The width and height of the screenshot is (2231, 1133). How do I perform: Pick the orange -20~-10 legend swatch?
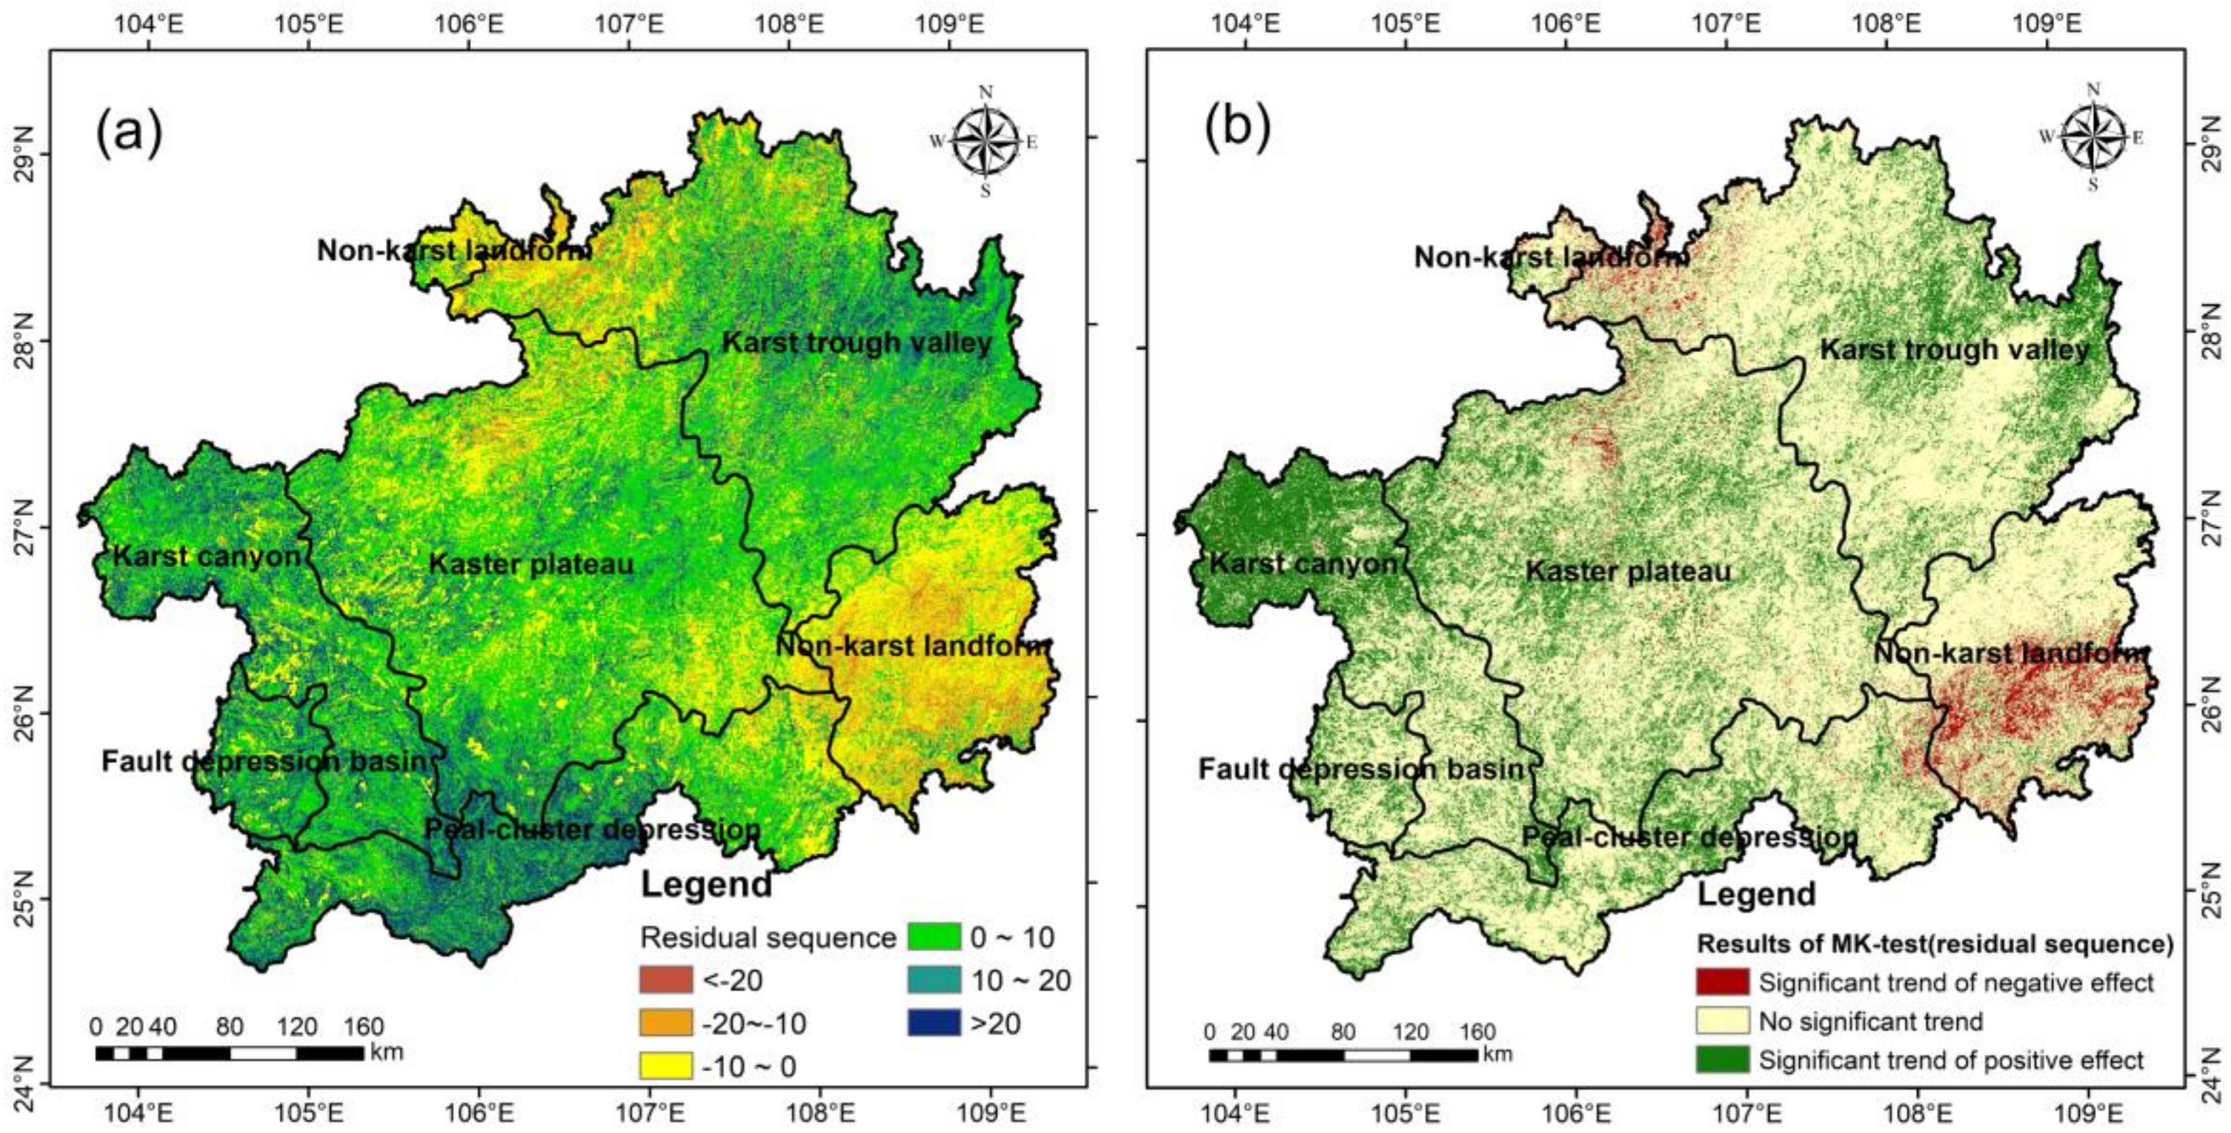666,1023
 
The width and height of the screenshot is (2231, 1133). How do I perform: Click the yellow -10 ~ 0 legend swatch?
666,1065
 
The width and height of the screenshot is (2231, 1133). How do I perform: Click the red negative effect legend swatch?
1723,982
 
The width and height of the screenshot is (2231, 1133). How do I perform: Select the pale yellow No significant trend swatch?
1723,1021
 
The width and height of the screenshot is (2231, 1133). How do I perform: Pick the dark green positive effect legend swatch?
1723,1059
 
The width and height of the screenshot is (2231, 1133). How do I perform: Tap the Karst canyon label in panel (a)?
207,556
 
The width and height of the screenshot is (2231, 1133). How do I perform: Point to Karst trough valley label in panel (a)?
858,343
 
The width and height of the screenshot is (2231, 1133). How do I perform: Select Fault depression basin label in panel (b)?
1361,769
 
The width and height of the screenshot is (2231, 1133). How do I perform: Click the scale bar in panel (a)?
229,1053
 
